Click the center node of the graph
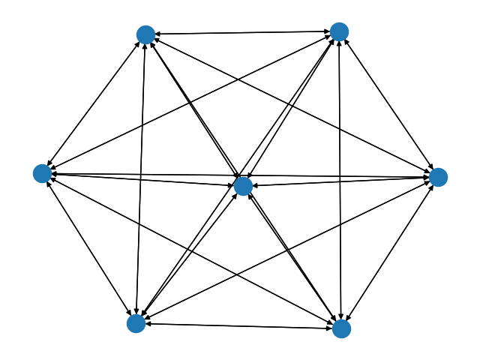(243, 186)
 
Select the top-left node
(145, 34)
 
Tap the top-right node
(339, 31)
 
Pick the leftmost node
(43, 173)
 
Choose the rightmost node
(438, 177)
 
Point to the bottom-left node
(136, 323)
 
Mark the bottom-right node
(341, 328)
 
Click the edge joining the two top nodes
(242, 33)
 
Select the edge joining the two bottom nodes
(238, 325)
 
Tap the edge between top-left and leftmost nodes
(94, 103)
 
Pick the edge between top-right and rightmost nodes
(388, 104)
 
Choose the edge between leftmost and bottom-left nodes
(89, 248)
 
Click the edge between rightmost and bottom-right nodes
(390, 253)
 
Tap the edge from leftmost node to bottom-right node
(192, 250)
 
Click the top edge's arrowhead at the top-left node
(158, 34)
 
